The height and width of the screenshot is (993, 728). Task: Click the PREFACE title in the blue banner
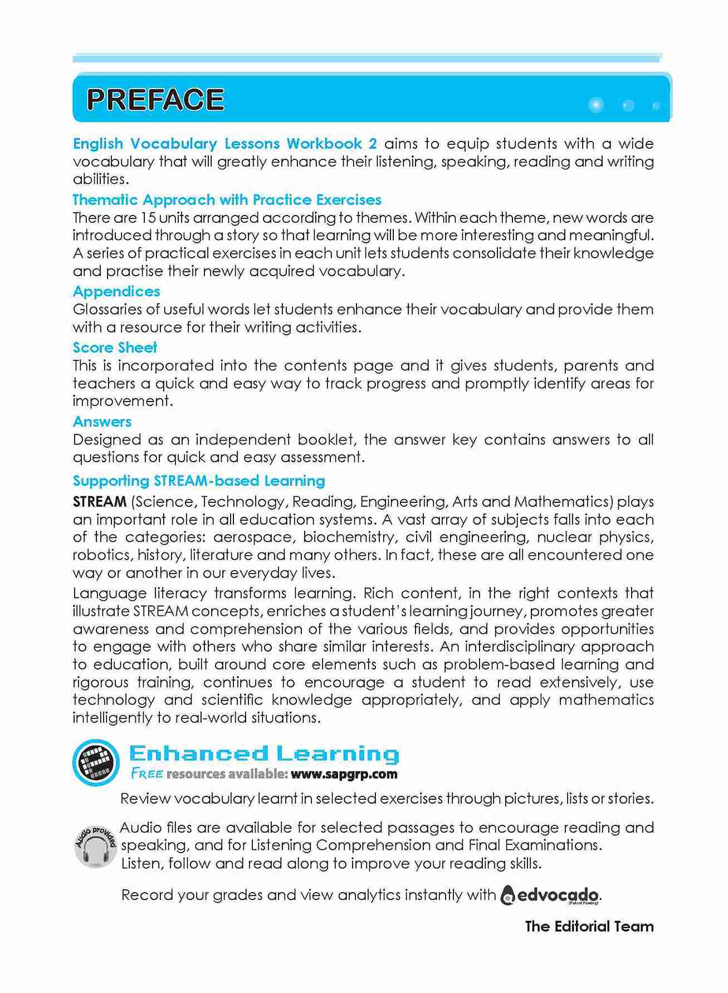point(155,100)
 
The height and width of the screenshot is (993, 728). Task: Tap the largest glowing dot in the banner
point(595,105)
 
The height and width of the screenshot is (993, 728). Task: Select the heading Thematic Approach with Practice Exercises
point(227,200)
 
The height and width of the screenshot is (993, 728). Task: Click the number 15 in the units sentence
point(149,218)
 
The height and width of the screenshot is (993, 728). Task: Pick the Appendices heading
point(116,291)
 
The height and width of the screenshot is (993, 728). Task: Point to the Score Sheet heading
point(115,348)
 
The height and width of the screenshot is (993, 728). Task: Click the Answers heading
point(102,422)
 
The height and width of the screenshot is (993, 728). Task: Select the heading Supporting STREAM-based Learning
point(199,481)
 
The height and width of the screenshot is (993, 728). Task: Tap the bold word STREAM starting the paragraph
point(100,502)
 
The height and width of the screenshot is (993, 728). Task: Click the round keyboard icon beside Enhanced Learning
point(96,762)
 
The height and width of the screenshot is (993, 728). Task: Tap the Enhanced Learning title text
point(264,754)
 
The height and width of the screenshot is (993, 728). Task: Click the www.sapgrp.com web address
point(344,774)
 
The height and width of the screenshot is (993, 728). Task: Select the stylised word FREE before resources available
point(147,774)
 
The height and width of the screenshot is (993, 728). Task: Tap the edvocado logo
point(551,896)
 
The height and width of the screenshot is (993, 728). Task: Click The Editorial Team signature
point(589,927)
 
